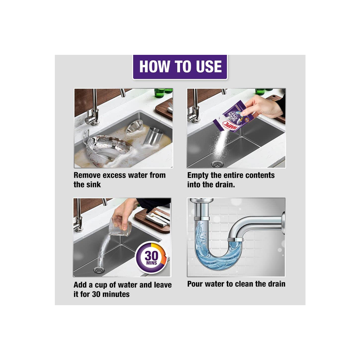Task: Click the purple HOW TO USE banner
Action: click(180, 67)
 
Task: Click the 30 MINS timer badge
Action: click(151, 257)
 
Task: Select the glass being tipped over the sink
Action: click(120, 228)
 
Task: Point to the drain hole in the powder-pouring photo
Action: click(216, 164)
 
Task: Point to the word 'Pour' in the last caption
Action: click(195, 284)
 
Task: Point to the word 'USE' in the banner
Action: click(209, 67)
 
